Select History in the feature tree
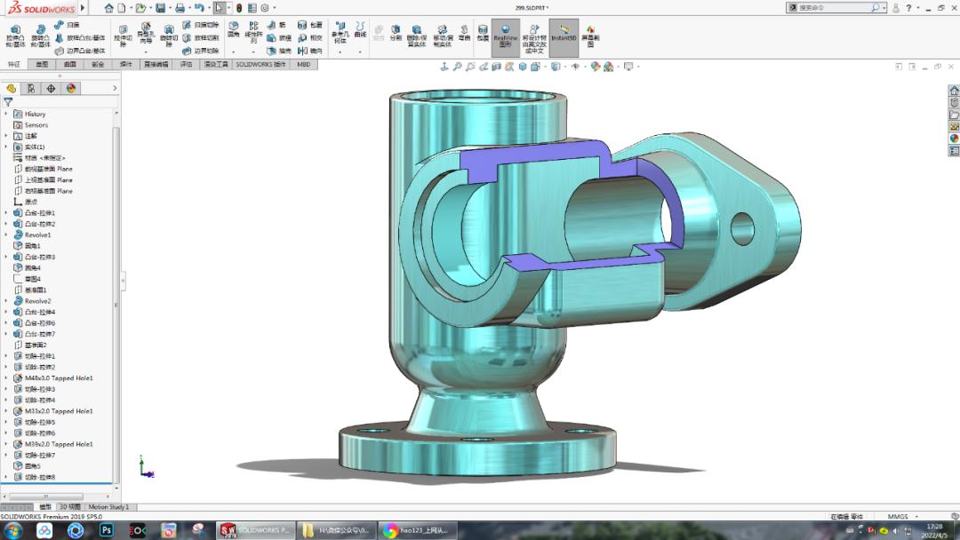[35, 114]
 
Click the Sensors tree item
[36, 125]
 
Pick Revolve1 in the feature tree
[37, 235]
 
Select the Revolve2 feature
[37, 301]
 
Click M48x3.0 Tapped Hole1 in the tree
[59, 378]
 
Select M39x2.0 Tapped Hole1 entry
[59, 444]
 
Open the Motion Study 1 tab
[108, 507]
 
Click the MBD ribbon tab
[304, 65]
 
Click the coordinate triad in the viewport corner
[144, 467]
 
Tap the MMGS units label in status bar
[898, 516]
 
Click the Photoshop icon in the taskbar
[107, 530]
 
